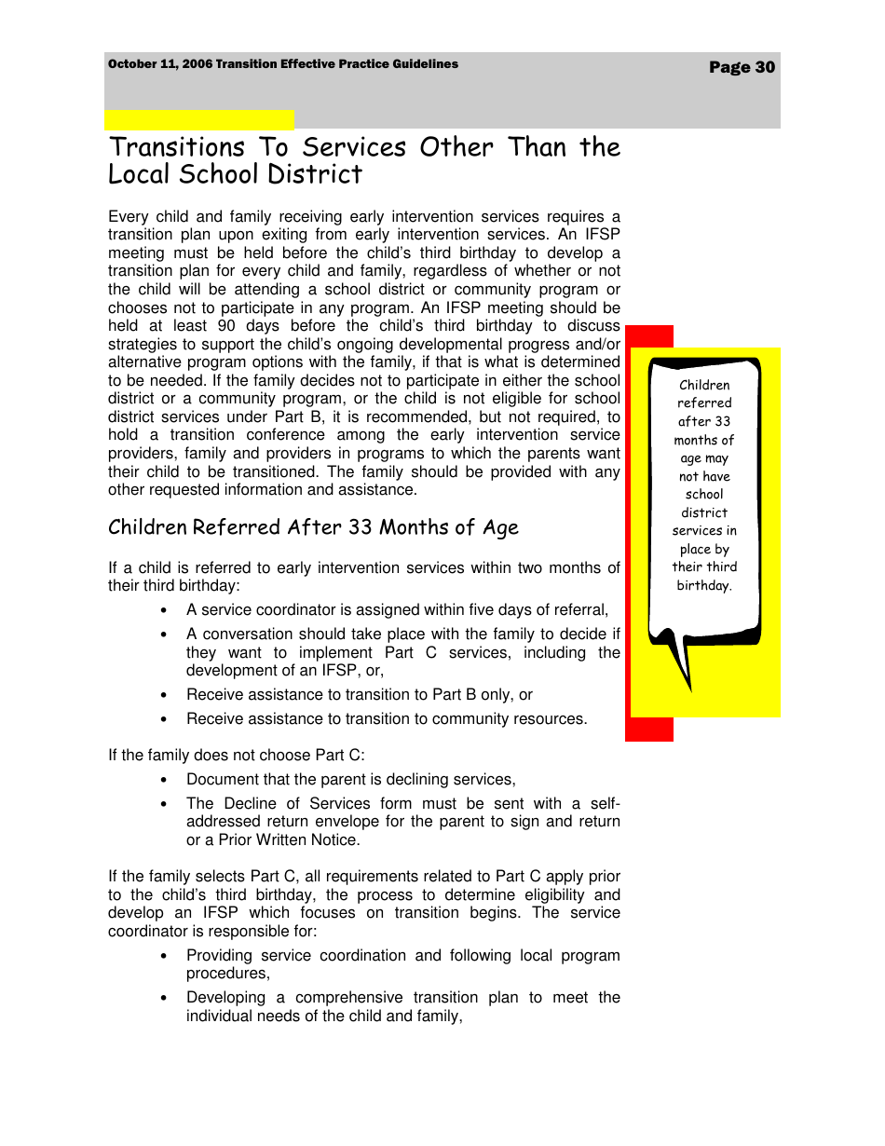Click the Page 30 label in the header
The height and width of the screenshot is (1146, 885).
742,67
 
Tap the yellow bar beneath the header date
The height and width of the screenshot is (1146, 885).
198,119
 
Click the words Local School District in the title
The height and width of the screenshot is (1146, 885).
235,174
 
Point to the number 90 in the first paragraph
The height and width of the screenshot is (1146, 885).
226,326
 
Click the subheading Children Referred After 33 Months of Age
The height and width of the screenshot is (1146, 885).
313,527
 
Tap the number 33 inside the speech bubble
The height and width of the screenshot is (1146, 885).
723,421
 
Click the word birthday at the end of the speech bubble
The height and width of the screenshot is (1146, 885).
703,585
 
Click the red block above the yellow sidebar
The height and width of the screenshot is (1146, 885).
649,335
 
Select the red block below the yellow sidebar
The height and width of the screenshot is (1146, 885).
649,730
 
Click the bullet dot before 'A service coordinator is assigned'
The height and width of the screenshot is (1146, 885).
164,611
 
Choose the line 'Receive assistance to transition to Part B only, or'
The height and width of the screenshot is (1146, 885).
360,695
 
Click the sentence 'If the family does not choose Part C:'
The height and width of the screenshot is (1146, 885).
237,756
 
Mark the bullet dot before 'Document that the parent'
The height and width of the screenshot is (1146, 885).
164,780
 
